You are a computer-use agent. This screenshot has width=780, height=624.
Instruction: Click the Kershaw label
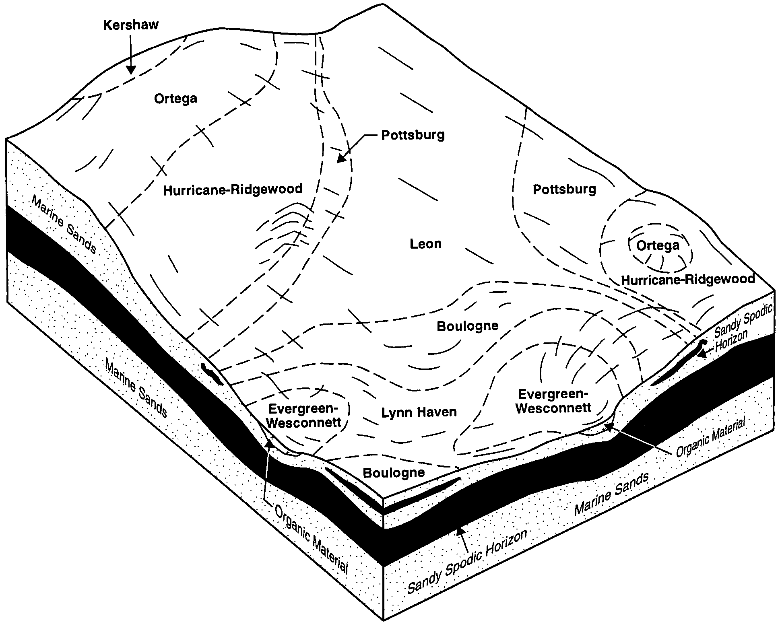coord(131,25)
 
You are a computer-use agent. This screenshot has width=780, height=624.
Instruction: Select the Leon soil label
coord(425,244)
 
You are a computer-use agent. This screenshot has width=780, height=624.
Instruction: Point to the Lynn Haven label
coord(419,412)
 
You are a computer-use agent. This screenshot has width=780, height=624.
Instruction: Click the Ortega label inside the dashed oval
coord(658,245)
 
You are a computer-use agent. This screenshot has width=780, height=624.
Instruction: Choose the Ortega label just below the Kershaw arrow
coord(175,99)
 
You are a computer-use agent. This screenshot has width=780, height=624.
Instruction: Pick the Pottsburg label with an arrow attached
coord(413,135)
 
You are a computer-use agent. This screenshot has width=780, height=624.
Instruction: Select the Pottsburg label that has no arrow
coord(564,189)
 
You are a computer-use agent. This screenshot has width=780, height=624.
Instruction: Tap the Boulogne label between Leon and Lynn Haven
coord(467,326)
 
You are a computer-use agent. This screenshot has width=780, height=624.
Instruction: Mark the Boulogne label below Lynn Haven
coord(394,472)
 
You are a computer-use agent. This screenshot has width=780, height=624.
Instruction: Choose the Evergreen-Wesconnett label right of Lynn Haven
coord(553,401)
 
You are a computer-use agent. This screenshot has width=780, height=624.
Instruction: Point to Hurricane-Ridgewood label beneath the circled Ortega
coord(688,279)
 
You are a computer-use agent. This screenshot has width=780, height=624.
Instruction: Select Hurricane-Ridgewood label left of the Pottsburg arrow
coord(233,189)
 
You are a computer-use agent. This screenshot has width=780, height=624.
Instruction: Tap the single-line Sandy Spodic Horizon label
coord(467,561)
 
